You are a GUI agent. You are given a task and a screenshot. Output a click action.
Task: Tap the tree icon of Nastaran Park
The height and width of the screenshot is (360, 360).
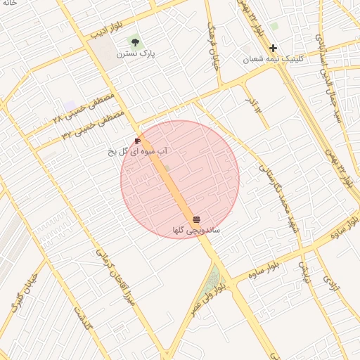[x=135, y=42]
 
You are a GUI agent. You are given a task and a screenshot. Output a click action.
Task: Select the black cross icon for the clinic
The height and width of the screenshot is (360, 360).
[x=274, y=48]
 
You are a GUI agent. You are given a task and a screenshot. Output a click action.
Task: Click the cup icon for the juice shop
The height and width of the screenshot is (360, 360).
[x=137, y=141]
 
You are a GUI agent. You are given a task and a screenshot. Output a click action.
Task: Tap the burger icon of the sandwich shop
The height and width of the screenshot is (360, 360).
[x=196, y=220]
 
